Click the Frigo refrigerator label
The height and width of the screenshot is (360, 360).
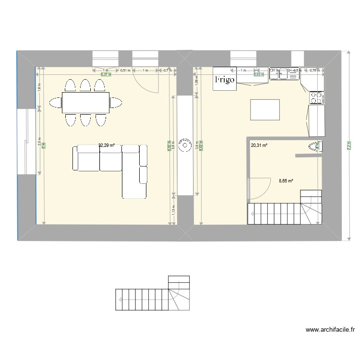click(225, 80)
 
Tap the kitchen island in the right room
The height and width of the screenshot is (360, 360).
click(265, 109)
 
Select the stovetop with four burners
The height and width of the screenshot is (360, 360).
click(316, 98)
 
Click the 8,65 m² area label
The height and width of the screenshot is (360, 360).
click(286, 181)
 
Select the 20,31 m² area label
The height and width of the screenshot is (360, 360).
click(259, 145)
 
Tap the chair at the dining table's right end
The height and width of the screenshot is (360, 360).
click(115, 102)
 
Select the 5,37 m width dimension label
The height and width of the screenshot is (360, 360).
click(106, 75)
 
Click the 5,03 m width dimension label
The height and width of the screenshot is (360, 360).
click(259, 74)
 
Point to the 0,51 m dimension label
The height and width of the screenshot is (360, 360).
click(125, 71)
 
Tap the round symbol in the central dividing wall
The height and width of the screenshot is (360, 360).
click(184, 144)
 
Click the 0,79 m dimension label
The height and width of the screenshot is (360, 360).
click(314, 71)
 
